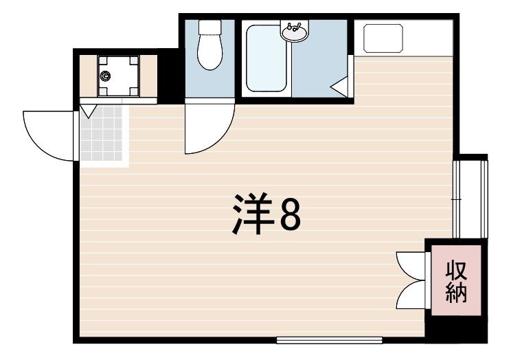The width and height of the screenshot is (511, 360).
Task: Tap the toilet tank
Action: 209,28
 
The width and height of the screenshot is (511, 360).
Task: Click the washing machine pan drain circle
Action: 106,76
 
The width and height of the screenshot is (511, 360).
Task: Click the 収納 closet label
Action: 455,282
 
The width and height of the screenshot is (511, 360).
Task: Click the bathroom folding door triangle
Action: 341,87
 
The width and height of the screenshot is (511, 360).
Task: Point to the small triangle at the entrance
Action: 89,111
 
